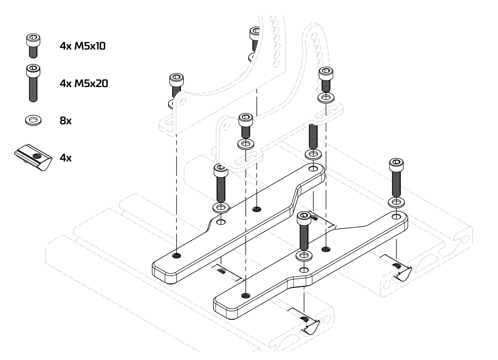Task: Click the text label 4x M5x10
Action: coord(82,46)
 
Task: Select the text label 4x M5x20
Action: coord(84,83)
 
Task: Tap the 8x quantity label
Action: coord(66,121)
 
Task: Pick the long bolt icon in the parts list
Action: coord(33,83)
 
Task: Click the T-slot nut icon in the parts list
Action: coord(33,157)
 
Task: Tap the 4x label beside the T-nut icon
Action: coord(66,158)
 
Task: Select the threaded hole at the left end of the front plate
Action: coord(246,295)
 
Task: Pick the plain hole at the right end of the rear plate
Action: coord(312,169)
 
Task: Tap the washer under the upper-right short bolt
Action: coord(326,98)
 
